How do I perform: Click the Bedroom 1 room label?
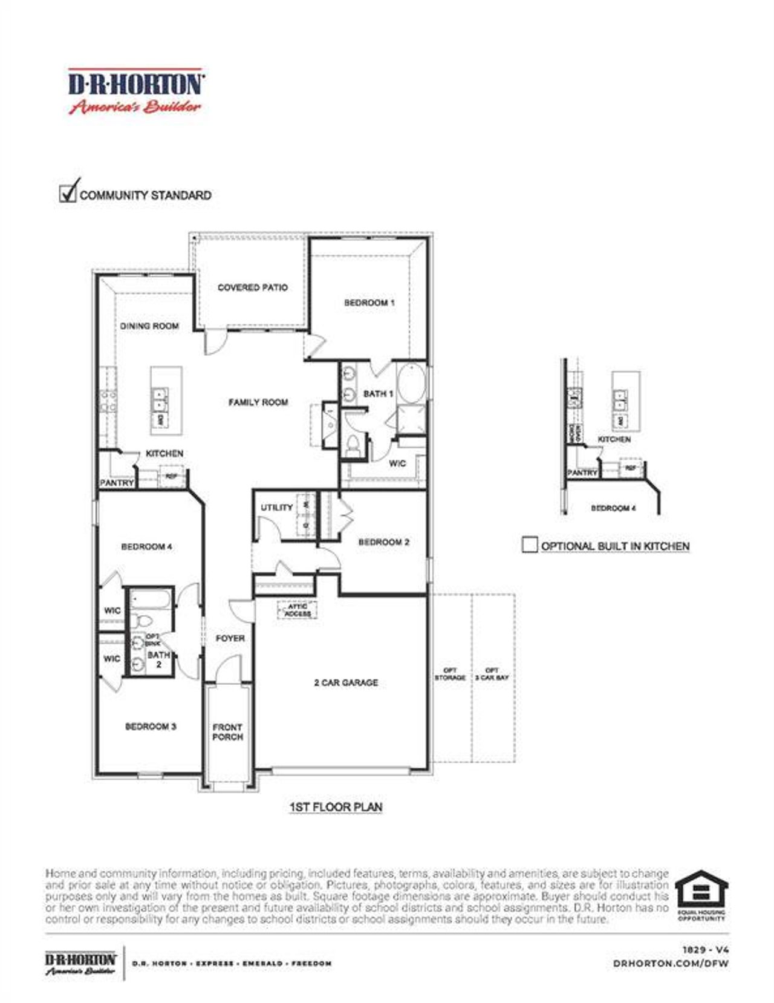click(x=369, y=302)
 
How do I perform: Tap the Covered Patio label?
click(x=252, y=287)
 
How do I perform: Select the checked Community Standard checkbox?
click(x=68, y=193)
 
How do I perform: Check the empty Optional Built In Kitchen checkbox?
click(x=529, y=544)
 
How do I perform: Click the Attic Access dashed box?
click(x=298, y=610)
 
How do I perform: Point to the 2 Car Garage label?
click(x=346, y=682)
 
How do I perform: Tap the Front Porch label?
click(x=227, y=732)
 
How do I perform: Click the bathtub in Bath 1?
click(x=412, y=382)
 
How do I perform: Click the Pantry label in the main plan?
click(x=116, y=483)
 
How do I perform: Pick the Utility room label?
click(x=276, y=508)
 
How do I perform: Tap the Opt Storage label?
click(x=450, y=674)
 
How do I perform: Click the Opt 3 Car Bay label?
click(x=492, y=674)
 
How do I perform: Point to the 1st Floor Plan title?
click(x=336, y=807)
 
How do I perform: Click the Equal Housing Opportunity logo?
click(x=701, y=895)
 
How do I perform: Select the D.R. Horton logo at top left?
click(x=135, y=91)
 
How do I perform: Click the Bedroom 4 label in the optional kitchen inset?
click(x=613, y=508)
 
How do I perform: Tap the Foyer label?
click(x=230, y=638)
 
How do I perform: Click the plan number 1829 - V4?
click(x=705, y=950)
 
